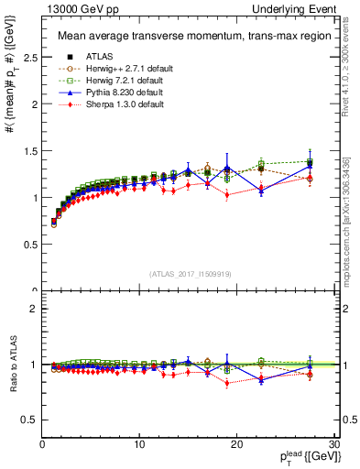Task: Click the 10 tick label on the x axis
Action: pos(139,445)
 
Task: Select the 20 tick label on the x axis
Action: pos(236,445)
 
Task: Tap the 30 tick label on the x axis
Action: pos(333,445)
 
